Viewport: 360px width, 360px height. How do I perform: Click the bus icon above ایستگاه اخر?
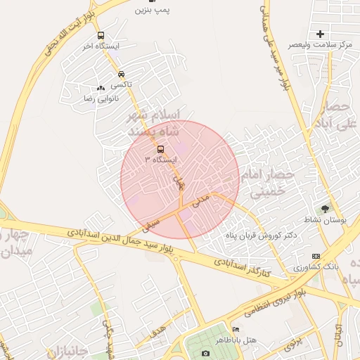101,35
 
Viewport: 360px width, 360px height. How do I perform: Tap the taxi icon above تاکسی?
121,74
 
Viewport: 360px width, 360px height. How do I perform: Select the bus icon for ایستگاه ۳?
160,149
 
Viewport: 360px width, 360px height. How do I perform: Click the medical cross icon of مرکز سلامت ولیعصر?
321,34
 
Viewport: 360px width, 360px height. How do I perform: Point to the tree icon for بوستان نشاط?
325,209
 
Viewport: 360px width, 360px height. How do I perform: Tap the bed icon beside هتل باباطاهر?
236,330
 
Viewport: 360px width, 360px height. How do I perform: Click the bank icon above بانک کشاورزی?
316,257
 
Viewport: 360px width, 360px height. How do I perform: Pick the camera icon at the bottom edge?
205,353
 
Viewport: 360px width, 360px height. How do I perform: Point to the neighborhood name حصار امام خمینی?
264,181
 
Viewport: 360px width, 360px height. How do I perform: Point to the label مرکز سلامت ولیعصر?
323,45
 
